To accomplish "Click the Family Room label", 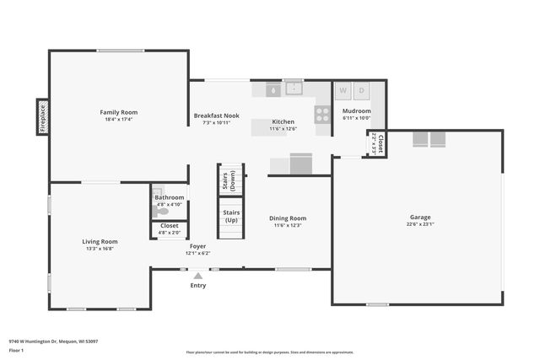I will click(x=119, y=112).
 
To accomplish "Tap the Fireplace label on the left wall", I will click(x=42, y=118).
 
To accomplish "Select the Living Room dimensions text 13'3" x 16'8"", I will click(x=100, y=249).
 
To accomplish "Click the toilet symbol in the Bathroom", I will click(x=161, y=212).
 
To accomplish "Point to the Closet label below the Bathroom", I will click(x=169, y=226).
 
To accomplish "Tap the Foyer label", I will click(x=197, y=246).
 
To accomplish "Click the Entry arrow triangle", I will click(x=197, y=275).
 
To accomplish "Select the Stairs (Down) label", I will click(x=224, y=181).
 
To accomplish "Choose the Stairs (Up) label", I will click(x=231, y=216).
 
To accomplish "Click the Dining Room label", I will click(x=288, y=218).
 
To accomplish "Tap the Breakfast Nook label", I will click(x=216, y=116).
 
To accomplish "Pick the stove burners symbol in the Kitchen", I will click(x=322, y=114).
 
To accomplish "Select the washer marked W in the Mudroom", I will click(x=343, y=89).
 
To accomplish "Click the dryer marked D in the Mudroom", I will click(x=361, y=89).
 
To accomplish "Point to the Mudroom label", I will click(x=356, y=111).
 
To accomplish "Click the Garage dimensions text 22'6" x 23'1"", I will click(x=419, y=224).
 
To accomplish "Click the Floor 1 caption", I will click(x=17, y=349).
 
